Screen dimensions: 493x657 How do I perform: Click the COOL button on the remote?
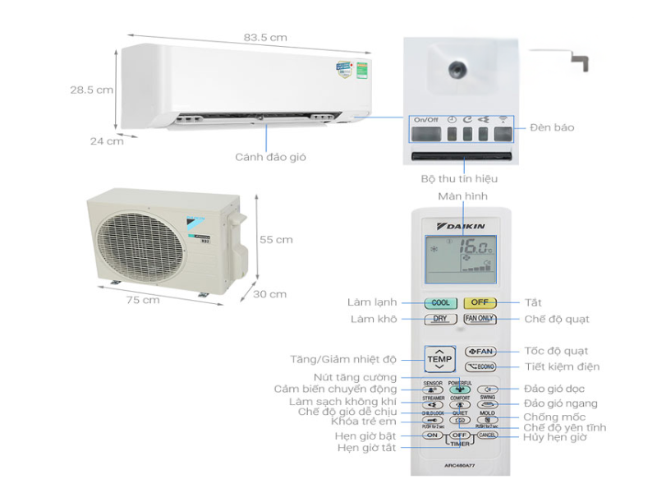(x=440, y=302)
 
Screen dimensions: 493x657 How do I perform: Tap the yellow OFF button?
(x=480, y=302)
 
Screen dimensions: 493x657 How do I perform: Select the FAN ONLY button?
(x=480, y=319)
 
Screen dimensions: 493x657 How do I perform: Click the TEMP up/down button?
(x=439, y=359)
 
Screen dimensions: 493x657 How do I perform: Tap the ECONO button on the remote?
(x=480, y=367)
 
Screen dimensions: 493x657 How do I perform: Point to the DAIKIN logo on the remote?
(x=462, y=225)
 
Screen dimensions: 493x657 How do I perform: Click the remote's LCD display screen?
(x=460, y=256)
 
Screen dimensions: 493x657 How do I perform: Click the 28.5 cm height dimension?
(x=91, y=90)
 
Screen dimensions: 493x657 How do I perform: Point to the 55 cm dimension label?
(x=276, y=240)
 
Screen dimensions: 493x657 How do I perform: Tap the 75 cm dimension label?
(x=145, y=300)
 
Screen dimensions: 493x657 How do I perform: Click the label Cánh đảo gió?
(x=270, y=156)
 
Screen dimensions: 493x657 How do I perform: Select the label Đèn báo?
(x=552, y=127)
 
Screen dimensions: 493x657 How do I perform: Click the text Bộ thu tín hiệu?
(x=458, y=178)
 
